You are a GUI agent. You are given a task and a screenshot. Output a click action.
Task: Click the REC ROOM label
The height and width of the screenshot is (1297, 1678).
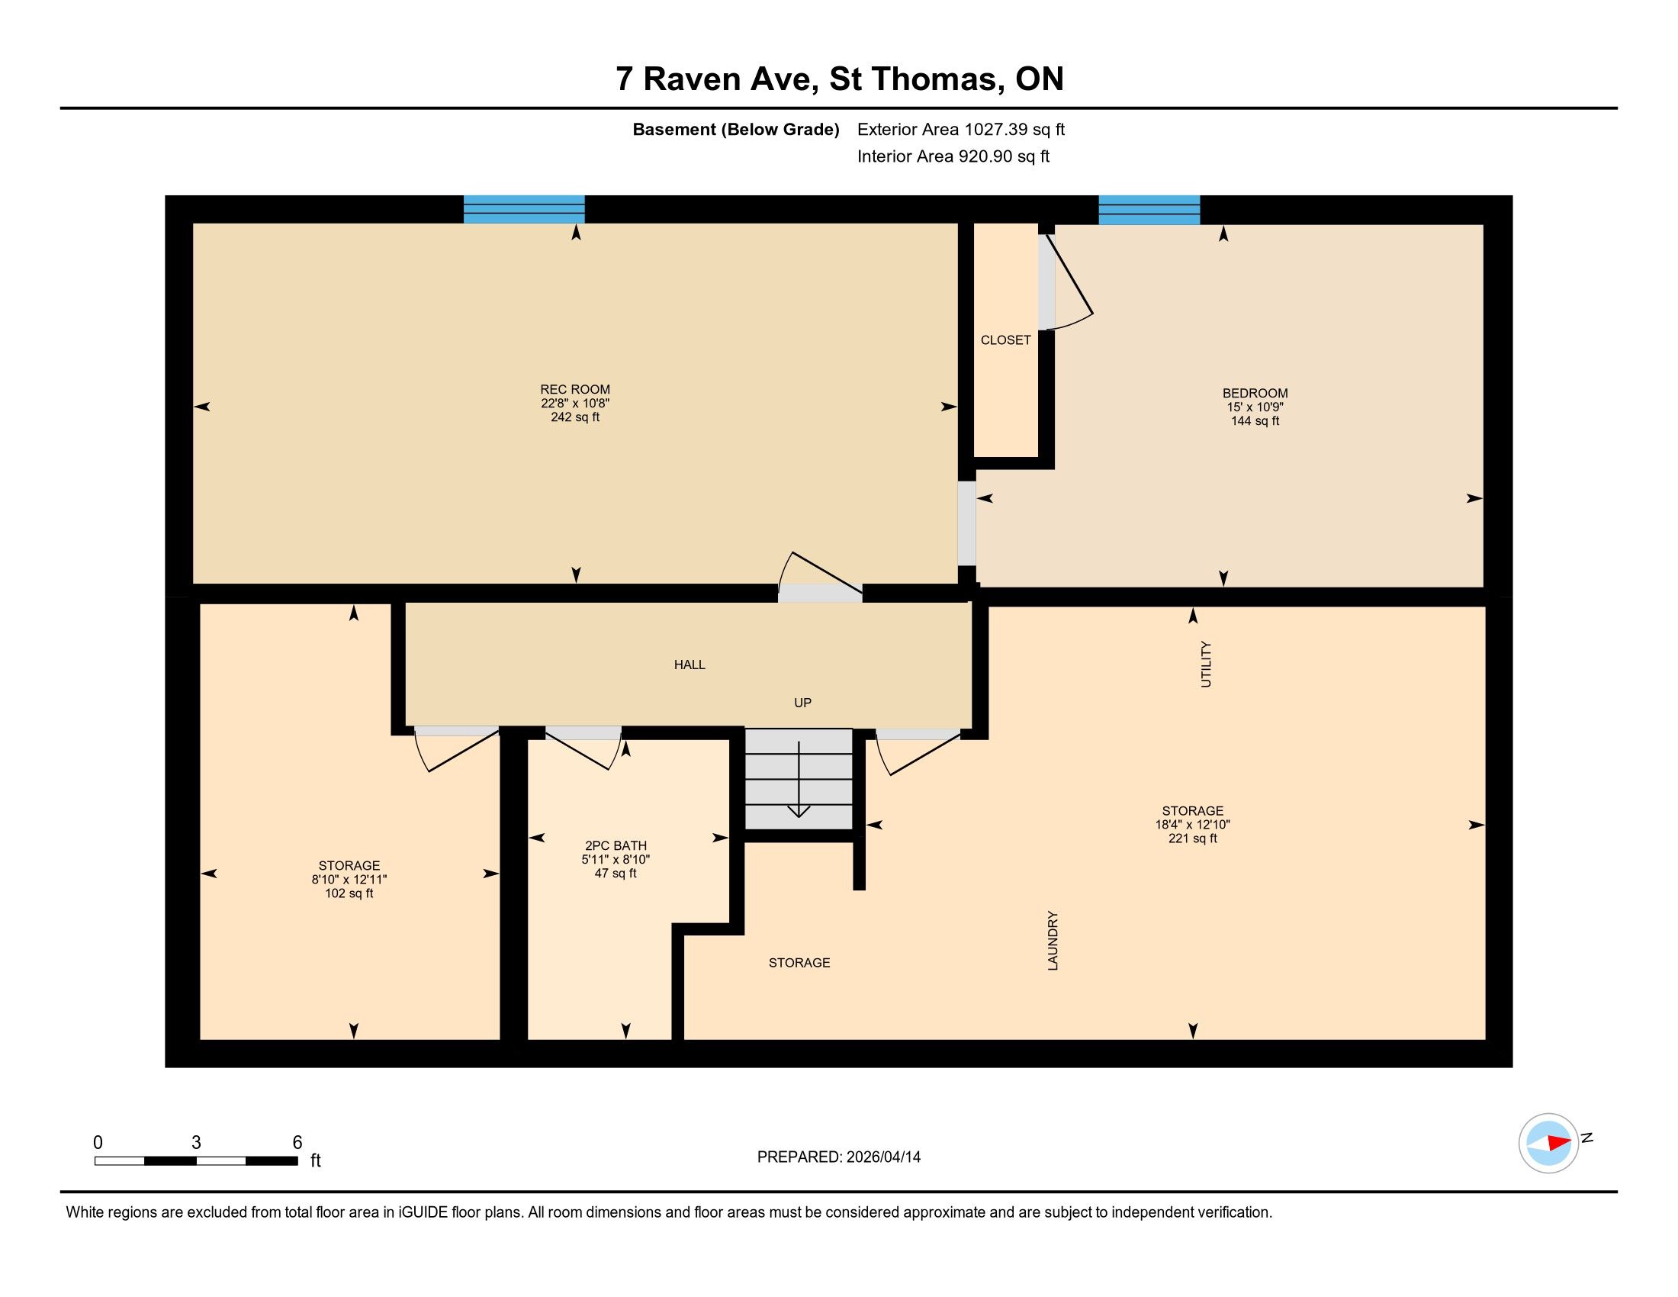pyautogui.click(x=574, y=390)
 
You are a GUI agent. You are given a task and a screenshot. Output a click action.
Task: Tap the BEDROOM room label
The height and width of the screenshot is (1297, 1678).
pyautogui.click(x=1255, y=394)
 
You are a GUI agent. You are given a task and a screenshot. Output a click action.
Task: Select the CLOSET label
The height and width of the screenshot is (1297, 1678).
pyautogui.click(x=1006, y=340)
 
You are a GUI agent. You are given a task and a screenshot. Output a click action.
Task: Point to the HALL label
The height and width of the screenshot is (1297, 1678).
pyautogui.click(x=690, y=665)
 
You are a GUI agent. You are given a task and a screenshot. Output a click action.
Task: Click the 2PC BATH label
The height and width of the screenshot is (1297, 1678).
pyautogui.click(x=616, y=846)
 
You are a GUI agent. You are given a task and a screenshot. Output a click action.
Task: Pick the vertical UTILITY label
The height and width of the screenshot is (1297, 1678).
pyautogui.click(x=1205, y=664)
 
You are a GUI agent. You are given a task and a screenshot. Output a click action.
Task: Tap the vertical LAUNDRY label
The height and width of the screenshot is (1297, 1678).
pyautogui.click(x=1053, y=941)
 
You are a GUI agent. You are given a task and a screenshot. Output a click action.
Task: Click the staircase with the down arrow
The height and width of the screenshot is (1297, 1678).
pyautogui.click(x=799, y=779)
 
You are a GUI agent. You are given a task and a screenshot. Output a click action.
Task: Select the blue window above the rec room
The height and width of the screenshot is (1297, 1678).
pyautogui.click(x=524, y=209)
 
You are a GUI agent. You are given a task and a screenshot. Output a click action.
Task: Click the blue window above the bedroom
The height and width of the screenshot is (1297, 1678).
pyautogui.click(x=1149, y=210)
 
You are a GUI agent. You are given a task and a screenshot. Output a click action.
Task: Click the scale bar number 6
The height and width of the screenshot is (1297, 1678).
pyautogui.click(x=297, y=1143)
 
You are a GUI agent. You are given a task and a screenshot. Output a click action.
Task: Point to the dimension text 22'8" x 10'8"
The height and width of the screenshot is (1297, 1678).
pyautogui.click(x=574, y=404)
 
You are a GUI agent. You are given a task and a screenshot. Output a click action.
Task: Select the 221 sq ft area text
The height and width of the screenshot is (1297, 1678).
pyautogui.click(x=1192, y=838)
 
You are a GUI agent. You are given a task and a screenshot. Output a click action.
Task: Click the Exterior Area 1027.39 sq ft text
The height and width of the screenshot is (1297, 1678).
pyautogui.click(x=961, y=129)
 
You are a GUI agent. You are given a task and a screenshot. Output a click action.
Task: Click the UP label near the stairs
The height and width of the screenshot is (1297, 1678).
pyautogui.click(x=803, y=702)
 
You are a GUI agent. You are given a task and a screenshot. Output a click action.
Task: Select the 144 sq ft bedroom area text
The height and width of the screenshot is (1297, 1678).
pyautogui.click(x=1255, y=421)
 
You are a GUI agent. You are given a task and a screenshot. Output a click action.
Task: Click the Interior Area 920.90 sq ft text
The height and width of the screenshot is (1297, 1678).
pyautogui.click(x=953, y=156)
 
